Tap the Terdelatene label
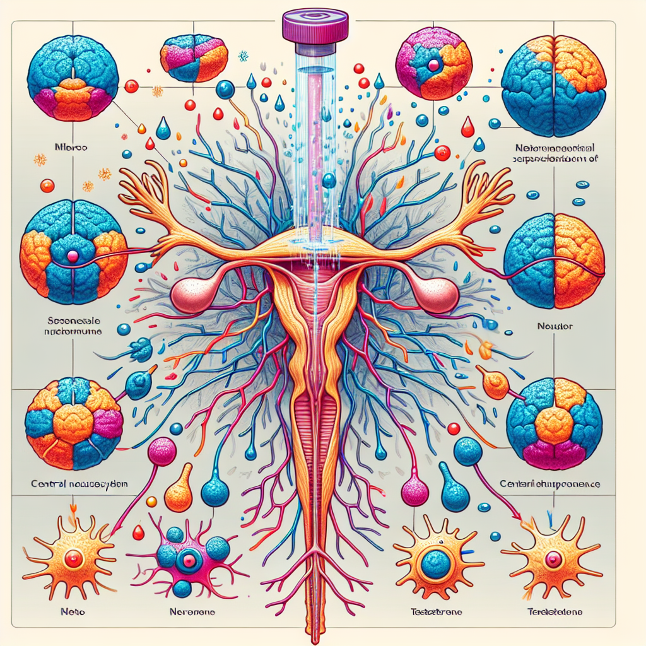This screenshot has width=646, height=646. [555, 612]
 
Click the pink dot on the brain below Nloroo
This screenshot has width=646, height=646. [72, 255]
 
